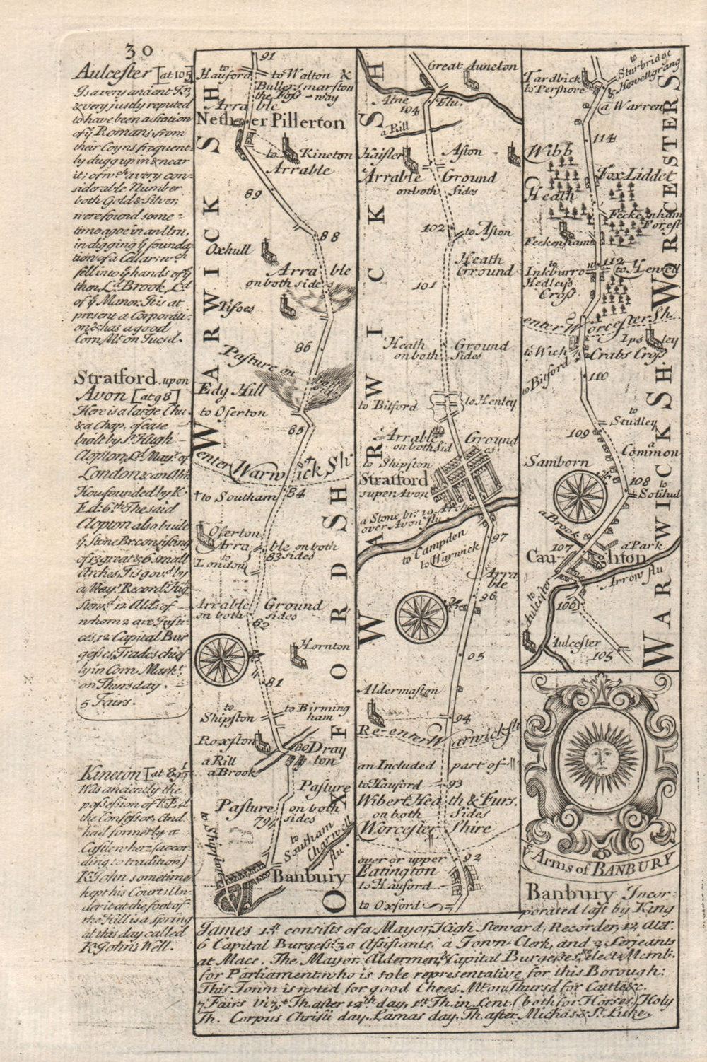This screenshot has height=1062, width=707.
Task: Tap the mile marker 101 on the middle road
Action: coord(425,286)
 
